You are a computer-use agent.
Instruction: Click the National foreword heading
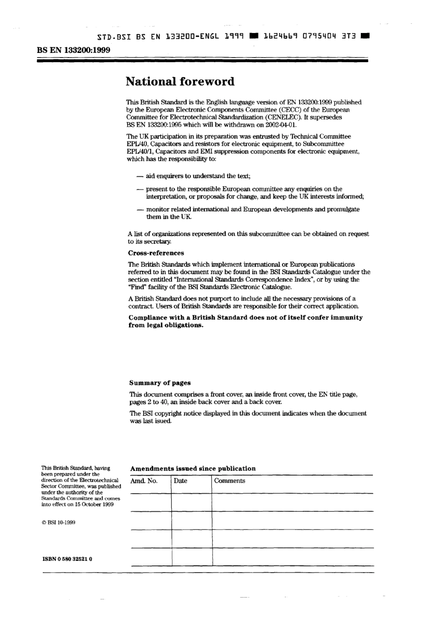(x=180, y=82)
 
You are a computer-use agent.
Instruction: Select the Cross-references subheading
(x=156, y=253)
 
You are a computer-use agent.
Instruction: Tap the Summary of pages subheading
(x=160, y=383)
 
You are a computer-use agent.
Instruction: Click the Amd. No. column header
(x=144, y=481)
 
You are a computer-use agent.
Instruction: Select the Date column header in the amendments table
(x=181, y=481)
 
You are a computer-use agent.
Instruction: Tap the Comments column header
(x=230, y=481)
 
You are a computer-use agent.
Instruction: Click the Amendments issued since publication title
(x=193, y=469)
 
